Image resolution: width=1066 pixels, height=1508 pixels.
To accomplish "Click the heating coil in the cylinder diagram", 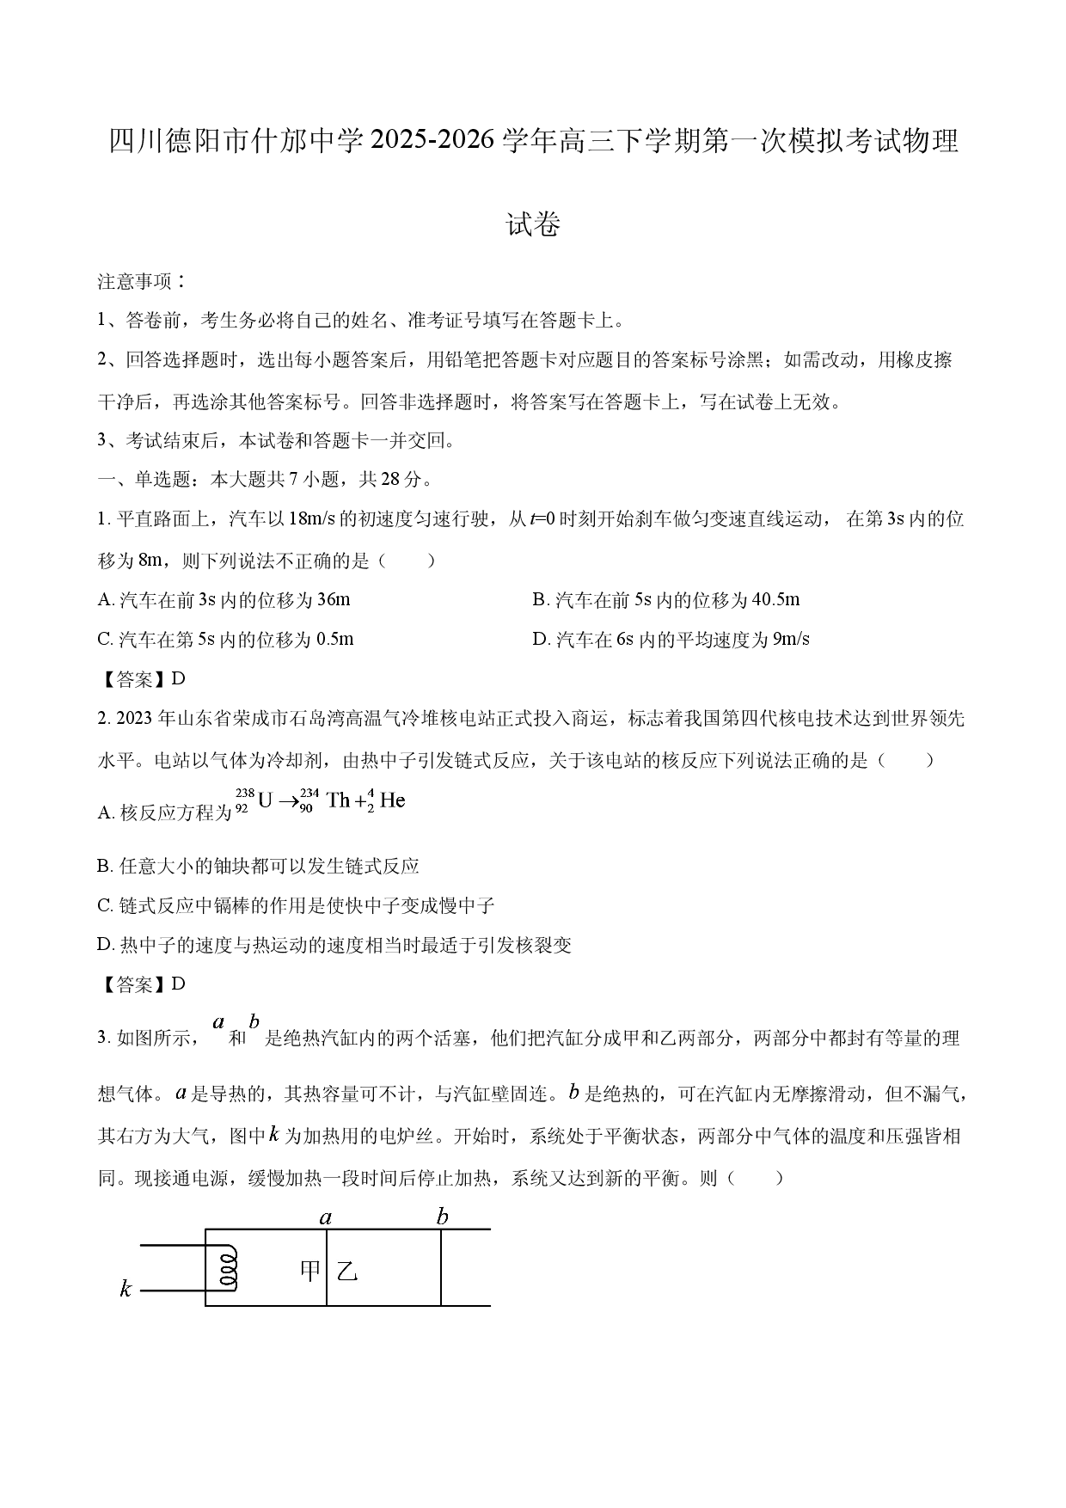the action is click(228, 1268).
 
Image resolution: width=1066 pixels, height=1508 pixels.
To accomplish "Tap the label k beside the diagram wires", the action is click(126, 1288).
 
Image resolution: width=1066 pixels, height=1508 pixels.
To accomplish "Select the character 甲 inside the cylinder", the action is click(309, 1270).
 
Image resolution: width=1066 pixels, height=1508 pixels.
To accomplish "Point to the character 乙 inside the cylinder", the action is click(346, 1271).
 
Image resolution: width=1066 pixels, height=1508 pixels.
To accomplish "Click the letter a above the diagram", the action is click(326, 1217).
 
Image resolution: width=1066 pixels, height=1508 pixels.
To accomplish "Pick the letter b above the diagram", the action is click(442, 1216).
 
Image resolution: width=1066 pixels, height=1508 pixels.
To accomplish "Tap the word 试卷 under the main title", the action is click(533, 224).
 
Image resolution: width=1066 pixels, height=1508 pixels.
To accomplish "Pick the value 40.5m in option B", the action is click(775, 599).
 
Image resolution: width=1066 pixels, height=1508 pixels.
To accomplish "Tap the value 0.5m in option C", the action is click(335, 639).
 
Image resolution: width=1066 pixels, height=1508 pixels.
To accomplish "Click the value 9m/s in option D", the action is click(791, 639).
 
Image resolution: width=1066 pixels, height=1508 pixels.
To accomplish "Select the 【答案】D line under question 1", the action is click(142, 678).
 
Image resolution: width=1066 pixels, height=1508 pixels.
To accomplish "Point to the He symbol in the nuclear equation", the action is click(392, 800).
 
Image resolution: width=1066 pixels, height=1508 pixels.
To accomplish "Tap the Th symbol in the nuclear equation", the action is click(338, 800).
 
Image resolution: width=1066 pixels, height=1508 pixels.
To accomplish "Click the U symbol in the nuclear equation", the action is click(265, 800).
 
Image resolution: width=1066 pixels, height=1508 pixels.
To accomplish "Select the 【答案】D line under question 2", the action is click(142, 984).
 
